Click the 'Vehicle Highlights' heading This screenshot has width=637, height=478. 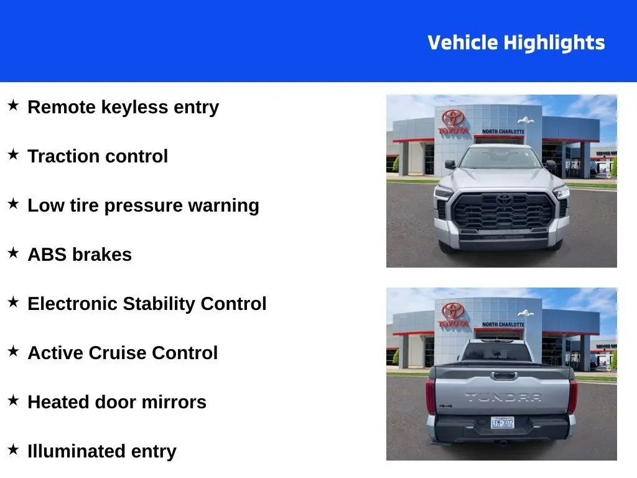[x=516, y=43]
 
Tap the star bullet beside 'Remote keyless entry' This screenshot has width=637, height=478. [x=13, y=106]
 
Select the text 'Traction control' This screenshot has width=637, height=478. [x=98, y=156]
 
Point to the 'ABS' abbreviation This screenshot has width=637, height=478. [x=47, y=255]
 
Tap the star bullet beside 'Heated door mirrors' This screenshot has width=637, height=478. [x=13, y=401]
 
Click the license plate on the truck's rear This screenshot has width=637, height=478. [x=502, y=423]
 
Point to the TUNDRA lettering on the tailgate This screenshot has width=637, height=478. [x=503, y=397]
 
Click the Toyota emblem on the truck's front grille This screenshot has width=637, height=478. [x=504, y=199]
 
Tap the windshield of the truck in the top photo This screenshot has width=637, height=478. [x=501, y=157]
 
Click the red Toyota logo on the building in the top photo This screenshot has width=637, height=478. [x=453, y=118]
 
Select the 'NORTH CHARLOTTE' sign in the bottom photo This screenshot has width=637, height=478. [x=503, y=325]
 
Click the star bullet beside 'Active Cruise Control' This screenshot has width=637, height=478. [x=13, y=352]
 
